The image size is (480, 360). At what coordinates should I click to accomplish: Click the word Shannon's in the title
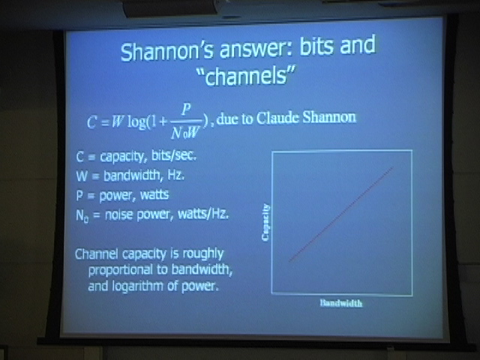(166, 51)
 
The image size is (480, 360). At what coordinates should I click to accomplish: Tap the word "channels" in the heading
(247, 76)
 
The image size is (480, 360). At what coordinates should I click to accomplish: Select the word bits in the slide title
(316, 46)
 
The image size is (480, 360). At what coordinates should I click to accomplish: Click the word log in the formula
(137, 122)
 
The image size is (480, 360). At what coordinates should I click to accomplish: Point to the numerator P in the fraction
(186, 109)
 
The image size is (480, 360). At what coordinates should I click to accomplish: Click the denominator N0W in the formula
(185, 133)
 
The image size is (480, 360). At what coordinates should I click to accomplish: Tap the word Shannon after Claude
(329, 117)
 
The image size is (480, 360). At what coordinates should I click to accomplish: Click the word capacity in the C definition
(121, 157)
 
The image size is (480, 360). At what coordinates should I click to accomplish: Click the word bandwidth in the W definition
(132, 175)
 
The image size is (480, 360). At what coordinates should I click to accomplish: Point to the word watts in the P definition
(154, 195)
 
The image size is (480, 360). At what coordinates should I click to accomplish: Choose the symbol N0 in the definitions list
(82, 216)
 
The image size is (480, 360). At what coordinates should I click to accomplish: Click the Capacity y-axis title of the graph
(265, 222)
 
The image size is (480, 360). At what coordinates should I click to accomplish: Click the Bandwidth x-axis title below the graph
(341, 303)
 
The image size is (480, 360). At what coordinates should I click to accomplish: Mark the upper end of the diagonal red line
(393, 167)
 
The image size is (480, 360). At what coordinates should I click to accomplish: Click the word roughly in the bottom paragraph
(203, 254)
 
